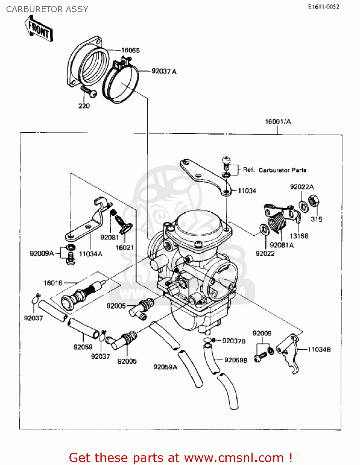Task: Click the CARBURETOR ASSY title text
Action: (x=47, y=9)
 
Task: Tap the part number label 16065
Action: (x=130, y=50)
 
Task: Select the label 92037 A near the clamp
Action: (x=164, y=71)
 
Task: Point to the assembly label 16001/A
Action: (x=278, y=122)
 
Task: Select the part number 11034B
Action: (x=319, y=349)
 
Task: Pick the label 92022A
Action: (x=302, y=187)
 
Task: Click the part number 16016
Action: (x=53, y=283)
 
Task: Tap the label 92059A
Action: (x=165, y=367)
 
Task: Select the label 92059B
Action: (x=236, y=360)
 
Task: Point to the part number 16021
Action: (x=124, y=247)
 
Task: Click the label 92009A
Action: (x=42, y=253)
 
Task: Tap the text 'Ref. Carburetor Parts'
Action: (x=274, y=170)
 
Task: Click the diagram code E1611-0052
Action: (x=323, y=7)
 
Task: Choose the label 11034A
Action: (x=91, y=254)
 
